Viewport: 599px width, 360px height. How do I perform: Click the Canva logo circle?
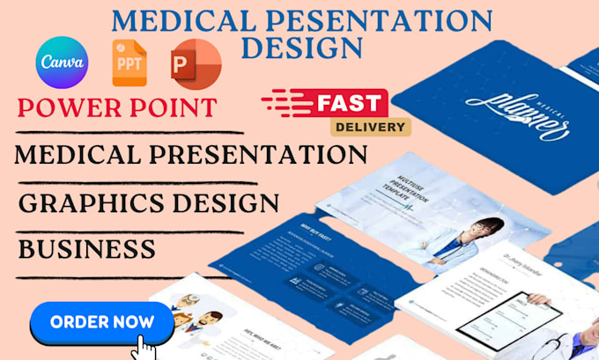coord(62,62)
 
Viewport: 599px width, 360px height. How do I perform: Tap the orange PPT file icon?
coord(129,62)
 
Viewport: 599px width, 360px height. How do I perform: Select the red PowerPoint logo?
coord(196,62)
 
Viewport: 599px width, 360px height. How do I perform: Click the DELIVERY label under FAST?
coord(370,126)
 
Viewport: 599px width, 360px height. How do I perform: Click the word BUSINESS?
coord(87,248)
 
